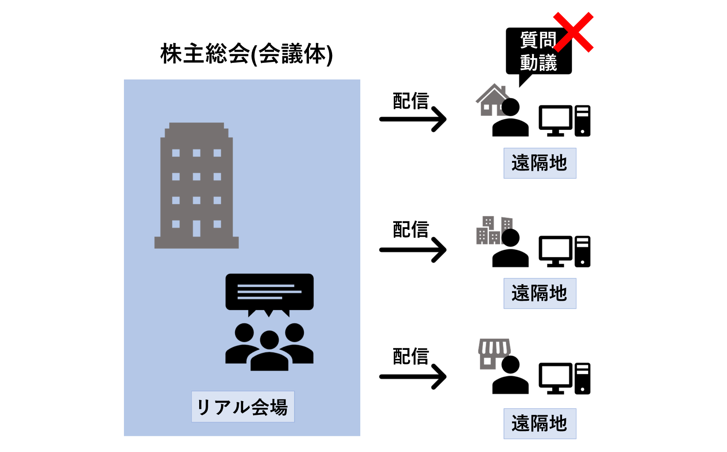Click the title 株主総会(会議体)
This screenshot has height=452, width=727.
point(247,54)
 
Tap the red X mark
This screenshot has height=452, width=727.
point(573,32)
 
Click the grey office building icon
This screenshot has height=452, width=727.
point(197,186)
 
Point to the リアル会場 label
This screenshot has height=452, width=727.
point(243,407)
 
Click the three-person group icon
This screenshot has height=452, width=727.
point(269,346)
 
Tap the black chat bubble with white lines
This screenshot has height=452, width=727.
point(269,293)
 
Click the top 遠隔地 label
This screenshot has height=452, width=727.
point(540,163)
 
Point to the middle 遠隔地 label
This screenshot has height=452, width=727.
point(540,294)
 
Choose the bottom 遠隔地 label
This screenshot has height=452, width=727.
point(540,424)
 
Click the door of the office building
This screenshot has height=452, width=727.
point(197,228)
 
